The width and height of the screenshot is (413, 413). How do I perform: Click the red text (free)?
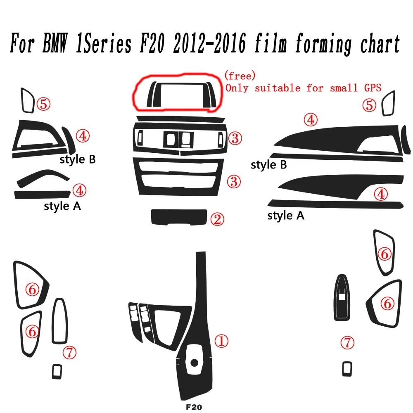tap(240, 76)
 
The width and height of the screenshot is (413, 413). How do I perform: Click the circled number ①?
tap(221, 341)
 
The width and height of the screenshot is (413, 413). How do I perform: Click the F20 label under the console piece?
tap(194, 406)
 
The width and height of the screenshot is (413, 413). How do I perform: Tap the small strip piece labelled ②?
tap(178, 217)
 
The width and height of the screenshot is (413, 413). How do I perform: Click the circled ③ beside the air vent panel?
tap(235, 138)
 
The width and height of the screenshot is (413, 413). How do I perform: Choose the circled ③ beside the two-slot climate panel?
tap(234, 181)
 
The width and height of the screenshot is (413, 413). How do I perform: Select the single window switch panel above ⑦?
tap(342, 297)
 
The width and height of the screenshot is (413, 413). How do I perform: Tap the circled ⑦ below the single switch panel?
tap(347, 342)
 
